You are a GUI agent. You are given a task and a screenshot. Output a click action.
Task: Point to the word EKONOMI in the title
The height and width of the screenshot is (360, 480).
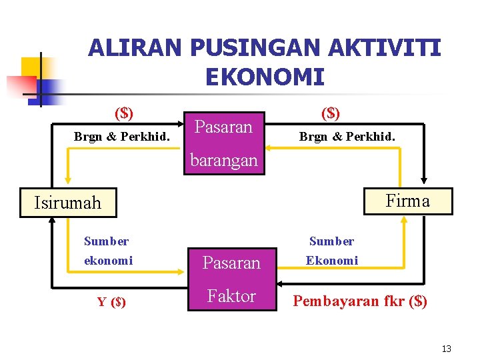(265, 77)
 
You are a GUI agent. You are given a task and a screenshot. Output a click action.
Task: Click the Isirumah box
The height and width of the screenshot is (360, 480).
(67, 203)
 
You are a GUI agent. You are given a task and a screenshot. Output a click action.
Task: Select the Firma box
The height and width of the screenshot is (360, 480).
(407, 201)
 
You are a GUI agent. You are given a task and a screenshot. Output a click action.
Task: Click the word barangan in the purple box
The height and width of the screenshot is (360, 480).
(223, 160)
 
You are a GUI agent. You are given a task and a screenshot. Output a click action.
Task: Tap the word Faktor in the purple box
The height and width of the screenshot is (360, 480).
(231, 296)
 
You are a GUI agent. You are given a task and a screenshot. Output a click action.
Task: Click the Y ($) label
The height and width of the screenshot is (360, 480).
(111, 302)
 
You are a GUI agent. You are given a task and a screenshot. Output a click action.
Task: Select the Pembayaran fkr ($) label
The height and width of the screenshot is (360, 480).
(360, 301)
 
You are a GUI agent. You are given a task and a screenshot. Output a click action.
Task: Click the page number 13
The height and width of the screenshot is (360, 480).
(446, 349)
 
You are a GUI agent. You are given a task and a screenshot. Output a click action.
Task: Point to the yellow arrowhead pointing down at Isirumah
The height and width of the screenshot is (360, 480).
(67, 180)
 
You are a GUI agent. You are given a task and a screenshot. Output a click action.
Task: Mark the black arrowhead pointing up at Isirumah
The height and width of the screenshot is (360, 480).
(51, 225)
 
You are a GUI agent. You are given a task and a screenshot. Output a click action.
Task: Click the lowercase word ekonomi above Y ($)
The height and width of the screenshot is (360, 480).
(108, 261)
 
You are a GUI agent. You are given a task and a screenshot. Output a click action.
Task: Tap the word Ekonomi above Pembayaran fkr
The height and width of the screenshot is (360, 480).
(331, 261)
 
